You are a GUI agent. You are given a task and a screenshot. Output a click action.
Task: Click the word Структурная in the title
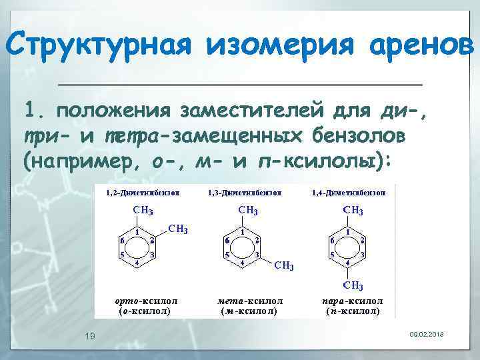pyautogui.click(x=98, y=46)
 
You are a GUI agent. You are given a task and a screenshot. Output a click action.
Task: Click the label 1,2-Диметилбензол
pyautogui.click(x=143, y=193)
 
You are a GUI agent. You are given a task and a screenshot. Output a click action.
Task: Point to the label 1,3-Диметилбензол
pyautogui.click(x=245, y=193)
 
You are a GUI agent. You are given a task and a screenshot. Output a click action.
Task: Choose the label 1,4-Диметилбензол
pyautogui.click(x=349, y=193)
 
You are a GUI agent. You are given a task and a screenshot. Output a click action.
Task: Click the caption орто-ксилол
pyautogui.click(x=146, y=301)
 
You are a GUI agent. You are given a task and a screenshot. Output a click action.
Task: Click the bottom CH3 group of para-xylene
pyautogui.click(x=353, y=286)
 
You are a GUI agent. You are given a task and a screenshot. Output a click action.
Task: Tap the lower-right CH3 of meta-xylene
pyautogui.click(x=285, y=266)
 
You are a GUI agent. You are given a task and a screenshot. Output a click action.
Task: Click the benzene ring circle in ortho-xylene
pyautogui.click(x=137, y=247)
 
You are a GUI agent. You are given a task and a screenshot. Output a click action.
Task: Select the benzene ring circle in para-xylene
pyautogui.click(x=347, y=247)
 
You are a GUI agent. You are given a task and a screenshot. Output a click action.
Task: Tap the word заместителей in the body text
pyautogui.click(x=247, y=109)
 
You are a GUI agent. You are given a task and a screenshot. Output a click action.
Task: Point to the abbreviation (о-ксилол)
pyautogui.click(x=144, y=311)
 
